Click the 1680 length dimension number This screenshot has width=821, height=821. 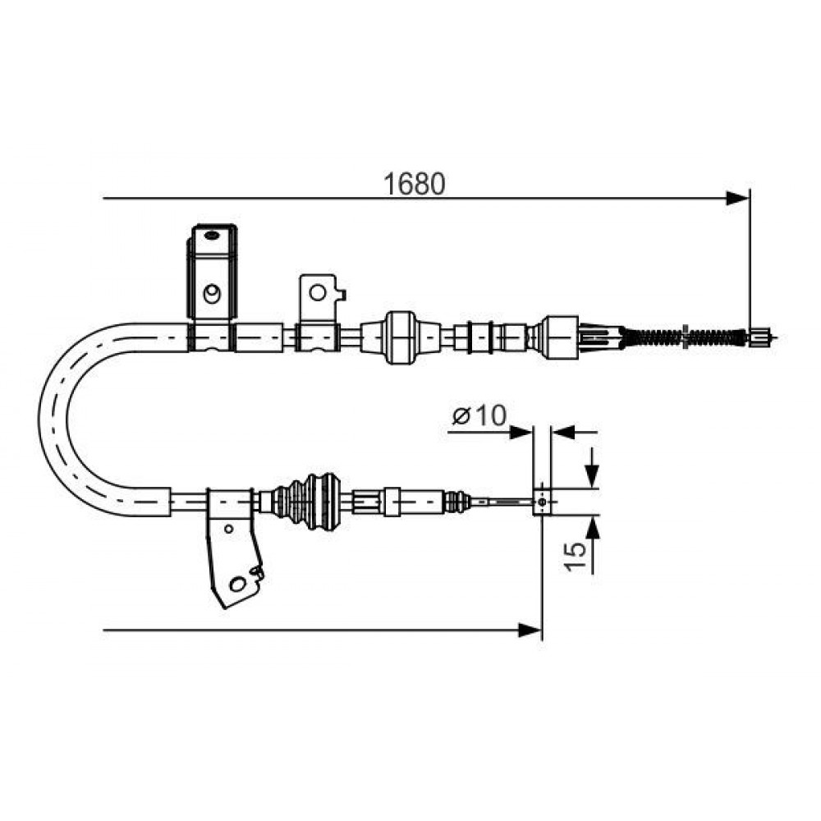[x=414, y=183]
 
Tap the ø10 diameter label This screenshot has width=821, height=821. [x=479, y=416]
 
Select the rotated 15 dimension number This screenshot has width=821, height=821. [x=575, y=556]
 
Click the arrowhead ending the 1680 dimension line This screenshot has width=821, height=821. [x=738, y=199]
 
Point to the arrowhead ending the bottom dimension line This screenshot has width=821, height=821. [x=530, y=630]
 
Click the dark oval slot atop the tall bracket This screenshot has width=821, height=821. [x=211, y=235]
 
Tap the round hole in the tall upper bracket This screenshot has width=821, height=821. [x=212, y=293]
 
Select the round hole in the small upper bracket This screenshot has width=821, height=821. [x=317, y=292]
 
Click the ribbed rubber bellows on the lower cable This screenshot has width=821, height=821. [x=308, y=501]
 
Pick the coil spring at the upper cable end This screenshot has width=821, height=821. [x=683, y=337]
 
